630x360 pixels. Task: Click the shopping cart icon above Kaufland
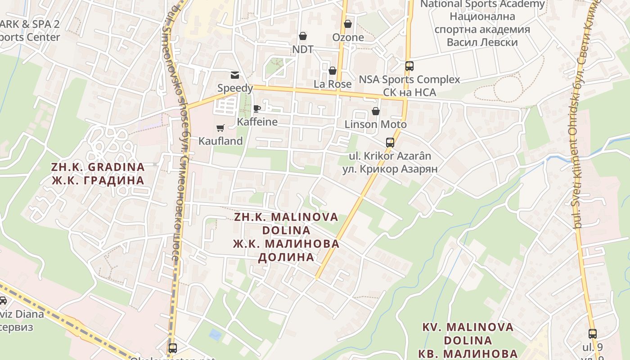click(220, 128)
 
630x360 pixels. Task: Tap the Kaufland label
click(220, 141)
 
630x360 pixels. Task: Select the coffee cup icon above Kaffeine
click(257, 108)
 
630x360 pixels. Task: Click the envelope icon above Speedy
click(235, 75)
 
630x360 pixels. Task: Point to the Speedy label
click(235, 88)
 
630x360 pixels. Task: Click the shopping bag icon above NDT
click(303, 36)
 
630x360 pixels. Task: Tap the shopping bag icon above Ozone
click(348, 24)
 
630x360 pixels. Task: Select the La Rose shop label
click(333, 84)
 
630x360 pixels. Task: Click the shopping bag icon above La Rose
click(333, 71)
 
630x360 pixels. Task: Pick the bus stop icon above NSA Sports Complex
click(409, 66)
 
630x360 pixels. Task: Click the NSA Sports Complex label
click(409, 80)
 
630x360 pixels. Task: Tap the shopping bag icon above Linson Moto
click(376, 111)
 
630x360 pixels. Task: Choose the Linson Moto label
click(376, 124)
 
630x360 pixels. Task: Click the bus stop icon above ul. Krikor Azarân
click(390, 143)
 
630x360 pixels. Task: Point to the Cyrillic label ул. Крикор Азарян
click(390, 169)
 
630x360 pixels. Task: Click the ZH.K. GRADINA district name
click(98, 167)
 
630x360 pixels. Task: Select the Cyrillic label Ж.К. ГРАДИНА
click(98, 180)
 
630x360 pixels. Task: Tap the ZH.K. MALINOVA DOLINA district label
click(286, 224)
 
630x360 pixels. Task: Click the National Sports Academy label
click(482, 4)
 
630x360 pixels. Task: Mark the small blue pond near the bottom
click(216, 335)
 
